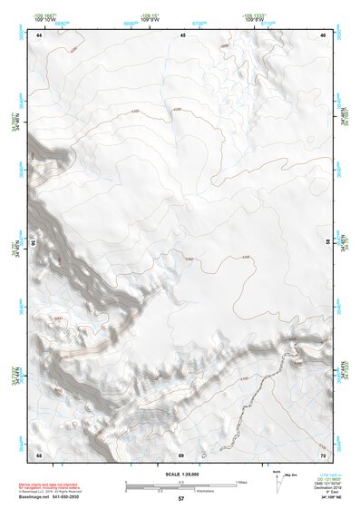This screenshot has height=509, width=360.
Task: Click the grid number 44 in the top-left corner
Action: click(39, 34)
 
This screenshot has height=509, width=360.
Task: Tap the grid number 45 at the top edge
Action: click(182, 34)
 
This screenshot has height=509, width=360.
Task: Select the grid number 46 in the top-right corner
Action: click(324, 34)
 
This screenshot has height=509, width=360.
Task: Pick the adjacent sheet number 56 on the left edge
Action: click(35, 243)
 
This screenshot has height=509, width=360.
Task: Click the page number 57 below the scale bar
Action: click(181, 499)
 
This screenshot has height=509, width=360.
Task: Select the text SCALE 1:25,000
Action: click(181, 472)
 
